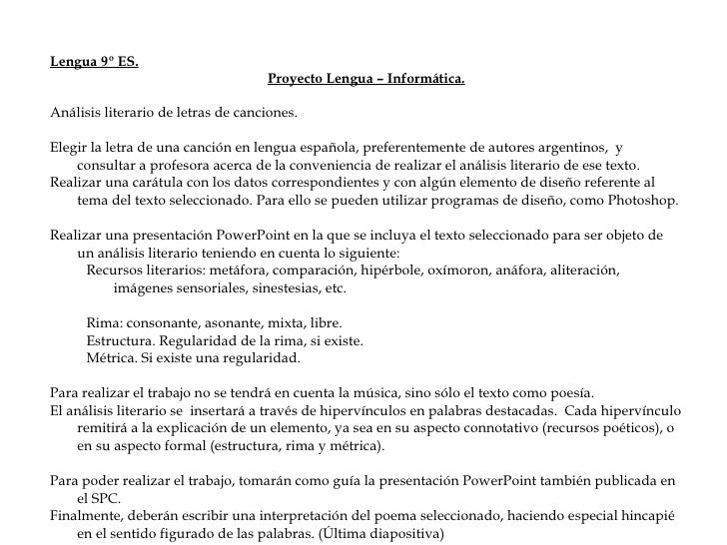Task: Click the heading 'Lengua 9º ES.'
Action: [x=95, y=62]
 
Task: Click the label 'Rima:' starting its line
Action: [x=105, y=324]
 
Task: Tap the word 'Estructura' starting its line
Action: [x=121, y=341]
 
